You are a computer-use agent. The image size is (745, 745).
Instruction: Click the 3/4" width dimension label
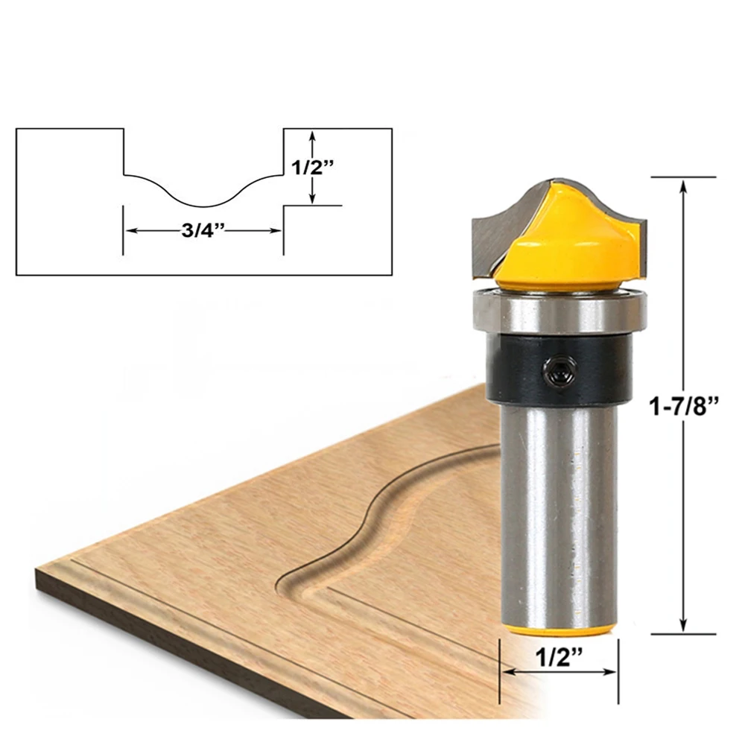point(202,230)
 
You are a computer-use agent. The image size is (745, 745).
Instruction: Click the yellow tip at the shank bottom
point(559,630)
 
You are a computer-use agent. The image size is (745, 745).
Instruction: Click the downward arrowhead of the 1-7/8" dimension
point(683,627)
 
